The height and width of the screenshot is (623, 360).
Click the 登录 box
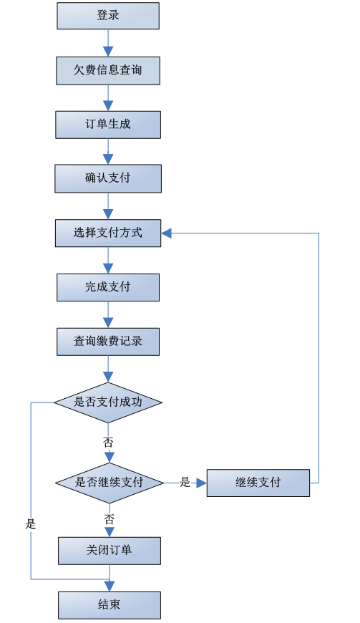(108, 16)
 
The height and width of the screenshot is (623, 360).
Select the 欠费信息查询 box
(108, 71)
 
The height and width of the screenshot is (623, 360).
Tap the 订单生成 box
(108, 125)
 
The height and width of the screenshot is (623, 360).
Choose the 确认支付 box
(108, 179)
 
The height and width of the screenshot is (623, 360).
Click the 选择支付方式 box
(108, 233)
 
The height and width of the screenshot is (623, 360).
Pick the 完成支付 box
(108, 287)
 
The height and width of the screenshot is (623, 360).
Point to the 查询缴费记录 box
(108, 342)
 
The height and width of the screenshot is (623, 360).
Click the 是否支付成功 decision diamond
(108, 402)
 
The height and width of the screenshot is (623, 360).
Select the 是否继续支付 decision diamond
(110, 483)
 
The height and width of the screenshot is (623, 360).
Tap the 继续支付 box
(258, 483)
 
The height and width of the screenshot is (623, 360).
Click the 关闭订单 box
(110, 551)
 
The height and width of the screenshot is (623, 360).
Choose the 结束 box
(110, 605)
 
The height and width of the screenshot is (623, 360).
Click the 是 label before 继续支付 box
(185, 483)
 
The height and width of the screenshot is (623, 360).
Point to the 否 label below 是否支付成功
(108, 442)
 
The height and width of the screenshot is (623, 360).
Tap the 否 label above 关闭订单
(110, 519)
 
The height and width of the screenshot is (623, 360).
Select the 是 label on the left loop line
(31, 524)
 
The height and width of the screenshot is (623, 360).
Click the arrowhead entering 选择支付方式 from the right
(166, 233)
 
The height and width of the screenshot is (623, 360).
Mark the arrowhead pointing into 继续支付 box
(202, 483)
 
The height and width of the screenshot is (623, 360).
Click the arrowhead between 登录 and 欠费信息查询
(108, 52)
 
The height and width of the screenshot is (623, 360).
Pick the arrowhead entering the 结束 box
(110, 586)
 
